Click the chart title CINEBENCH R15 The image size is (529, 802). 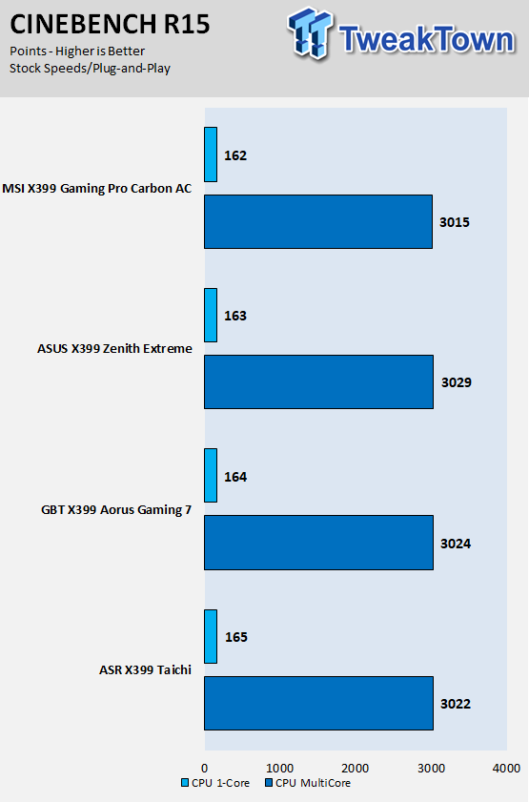(110, 24)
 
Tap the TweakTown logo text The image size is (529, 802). (427, 39)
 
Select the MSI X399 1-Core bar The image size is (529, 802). (211, 154)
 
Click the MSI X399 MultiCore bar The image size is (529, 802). (318, 221)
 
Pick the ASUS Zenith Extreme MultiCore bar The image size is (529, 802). (319, 382)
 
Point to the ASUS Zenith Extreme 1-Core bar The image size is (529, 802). (211, 315)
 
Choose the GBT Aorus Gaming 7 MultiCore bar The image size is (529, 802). (319, 543)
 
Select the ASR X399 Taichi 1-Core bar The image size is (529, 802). (211, 636)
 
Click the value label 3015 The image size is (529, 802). (455, 222)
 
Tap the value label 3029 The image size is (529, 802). (457, 382)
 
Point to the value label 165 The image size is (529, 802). (236, 637)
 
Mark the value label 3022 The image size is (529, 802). (456, 704)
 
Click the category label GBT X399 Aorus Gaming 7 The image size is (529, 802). (116, 510)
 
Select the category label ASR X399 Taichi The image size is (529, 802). (145, 670)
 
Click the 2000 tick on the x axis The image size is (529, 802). (356, 769)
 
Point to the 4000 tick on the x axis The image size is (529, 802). (506, 769)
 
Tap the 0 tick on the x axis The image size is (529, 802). (204, 769)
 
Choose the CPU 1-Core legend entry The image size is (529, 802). (215, 783)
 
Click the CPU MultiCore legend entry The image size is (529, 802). (308, 783)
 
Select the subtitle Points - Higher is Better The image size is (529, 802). (77, 51)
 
